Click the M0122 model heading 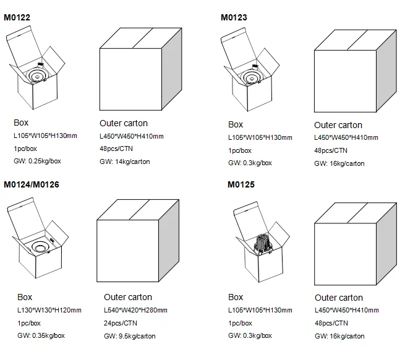(17, 17)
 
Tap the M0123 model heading (234, 17)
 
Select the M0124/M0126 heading (32, 184)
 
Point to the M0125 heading (241, 184)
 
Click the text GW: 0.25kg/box (37, 161)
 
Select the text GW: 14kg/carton (125, 162)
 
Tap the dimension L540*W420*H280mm (135, 310)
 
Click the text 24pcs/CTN (121, 323)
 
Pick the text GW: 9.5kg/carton (130, 336)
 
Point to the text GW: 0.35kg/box (41, 335)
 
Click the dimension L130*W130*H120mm (49, 310)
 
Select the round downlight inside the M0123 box (252, 77)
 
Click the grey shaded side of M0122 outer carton (172, 69)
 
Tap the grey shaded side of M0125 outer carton (386, 244)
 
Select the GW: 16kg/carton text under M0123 (339, 163)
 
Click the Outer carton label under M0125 (339, 298)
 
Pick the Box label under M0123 (236, 124)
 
